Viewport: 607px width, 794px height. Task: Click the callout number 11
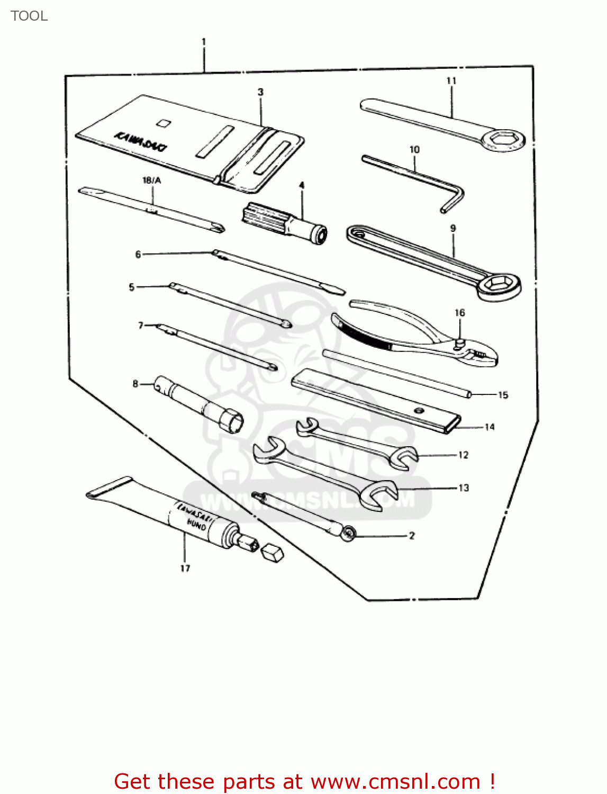tap(451, 81)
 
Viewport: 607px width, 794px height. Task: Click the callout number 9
tap(453, 229)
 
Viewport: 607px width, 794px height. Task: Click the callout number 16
tap(460, 313)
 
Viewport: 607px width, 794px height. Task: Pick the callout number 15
tap(503, 395)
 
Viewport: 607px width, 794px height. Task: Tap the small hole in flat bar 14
tap(419, 411)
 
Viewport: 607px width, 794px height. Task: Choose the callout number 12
tap(464, 455)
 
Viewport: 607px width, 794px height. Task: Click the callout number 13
tap(464, 488)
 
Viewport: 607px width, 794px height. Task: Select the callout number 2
tap(412, 536)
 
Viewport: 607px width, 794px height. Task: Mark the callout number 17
tap(185, 569)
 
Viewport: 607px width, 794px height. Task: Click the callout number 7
tap(141, 326)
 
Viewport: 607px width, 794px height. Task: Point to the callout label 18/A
tap(152, 181)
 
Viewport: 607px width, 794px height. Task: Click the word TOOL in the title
tap(29, 16)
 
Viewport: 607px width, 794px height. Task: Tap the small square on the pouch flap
tap(164, 123)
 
